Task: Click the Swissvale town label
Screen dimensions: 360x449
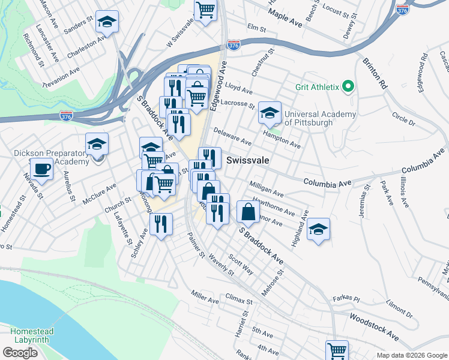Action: (247, 161)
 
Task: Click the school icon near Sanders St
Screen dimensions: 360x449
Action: (107, 22)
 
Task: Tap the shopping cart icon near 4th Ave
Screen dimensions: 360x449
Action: (337, 350)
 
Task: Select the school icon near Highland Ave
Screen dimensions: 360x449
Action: (319, 229)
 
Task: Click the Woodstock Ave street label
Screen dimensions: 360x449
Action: (374, 325)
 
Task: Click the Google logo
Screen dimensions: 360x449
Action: (20, 353)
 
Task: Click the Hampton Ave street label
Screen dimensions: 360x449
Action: (286, 140)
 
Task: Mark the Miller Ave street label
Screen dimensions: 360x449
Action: (205, 296)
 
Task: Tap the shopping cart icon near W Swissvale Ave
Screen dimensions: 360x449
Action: (205, 10)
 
